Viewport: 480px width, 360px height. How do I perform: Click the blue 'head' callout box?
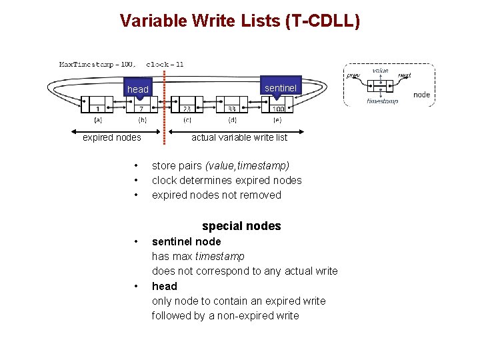[138, 89]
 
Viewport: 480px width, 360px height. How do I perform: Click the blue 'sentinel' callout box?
[281, 88]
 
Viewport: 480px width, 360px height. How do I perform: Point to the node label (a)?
[97, 121]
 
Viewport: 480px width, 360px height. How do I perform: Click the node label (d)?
[232, 121]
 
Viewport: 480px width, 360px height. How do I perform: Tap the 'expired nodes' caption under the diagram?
[112, 137]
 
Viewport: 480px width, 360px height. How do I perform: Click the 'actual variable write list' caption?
[239, 137]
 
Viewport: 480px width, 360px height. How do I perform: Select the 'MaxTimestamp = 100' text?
[97, 65]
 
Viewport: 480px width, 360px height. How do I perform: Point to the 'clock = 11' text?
[165, 65]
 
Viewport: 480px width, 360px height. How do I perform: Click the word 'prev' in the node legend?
[353, 76]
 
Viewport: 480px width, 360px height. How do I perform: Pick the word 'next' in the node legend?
[404, 76]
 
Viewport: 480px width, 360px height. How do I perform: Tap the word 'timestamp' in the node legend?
[382, 101]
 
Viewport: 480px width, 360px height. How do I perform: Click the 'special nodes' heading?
[241, 226]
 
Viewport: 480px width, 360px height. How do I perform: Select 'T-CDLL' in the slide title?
[323, 21]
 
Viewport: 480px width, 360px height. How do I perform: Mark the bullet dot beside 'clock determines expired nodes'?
[135, 180]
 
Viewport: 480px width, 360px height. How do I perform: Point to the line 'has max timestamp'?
[198, 256]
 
